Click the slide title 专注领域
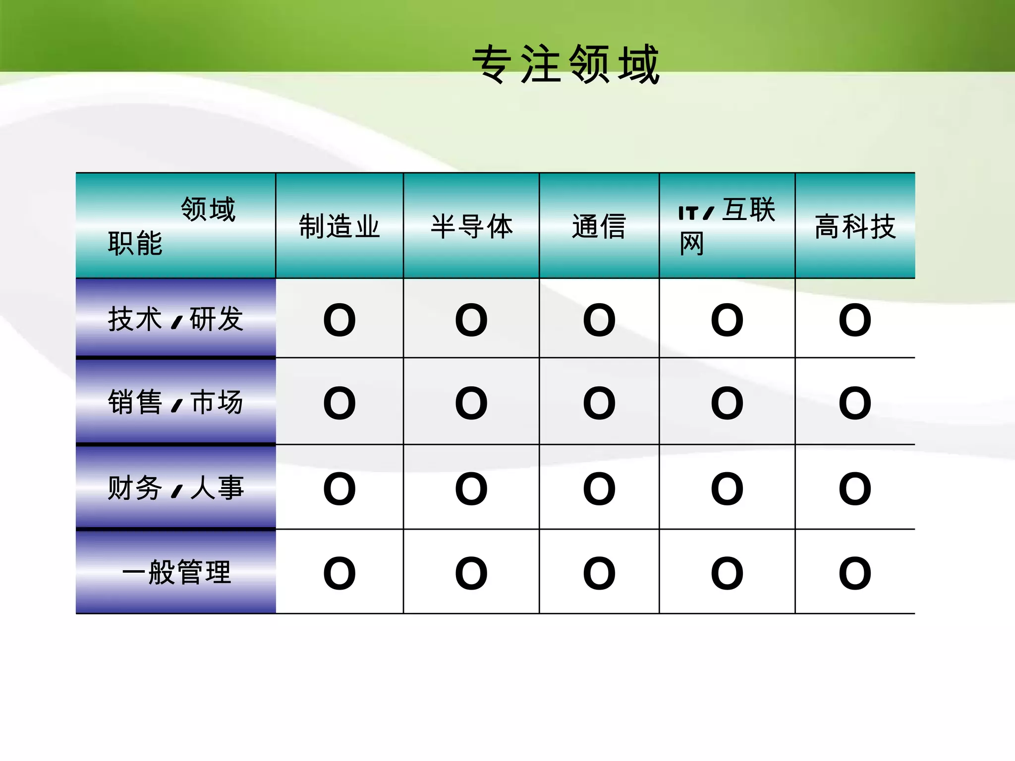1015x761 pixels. pyautogui.click(x=565, y=64)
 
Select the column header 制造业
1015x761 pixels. pyautogui.click(x=339, y=226)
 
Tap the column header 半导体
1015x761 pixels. pyautogui.click(x=471, y=226)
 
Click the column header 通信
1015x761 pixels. pyautogui.click(x=599, y=226)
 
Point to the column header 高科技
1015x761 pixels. pyautogui.click(x=855, y=226)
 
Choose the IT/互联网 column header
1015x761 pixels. pyautogui.click(x=727, y=226)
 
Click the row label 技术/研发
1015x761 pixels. pyautogui.click(x=176, y=319)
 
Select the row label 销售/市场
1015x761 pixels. pyautogui.click(x=176, y=402)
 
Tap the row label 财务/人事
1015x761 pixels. pyautogui.click(x=176, y=488)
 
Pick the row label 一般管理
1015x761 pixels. pyautogui.click(x=176, y=572)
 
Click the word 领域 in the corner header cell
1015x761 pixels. pyautogui.click(x=208, y=209)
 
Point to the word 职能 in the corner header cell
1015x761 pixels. pyautogui.click(x=135, y=243)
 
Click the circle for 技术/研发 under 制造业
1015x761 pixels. pyautogui.click(x=339, y=320)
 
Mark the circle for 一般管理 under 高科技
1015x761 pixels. pyautogui.click(x=855, y=573)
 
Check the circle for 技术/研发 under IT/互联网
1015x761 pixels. pyautogui.click(x=727, y=320)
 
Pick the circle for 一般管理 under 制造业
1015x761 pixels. pyautogui.click(x=339, y=573)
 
